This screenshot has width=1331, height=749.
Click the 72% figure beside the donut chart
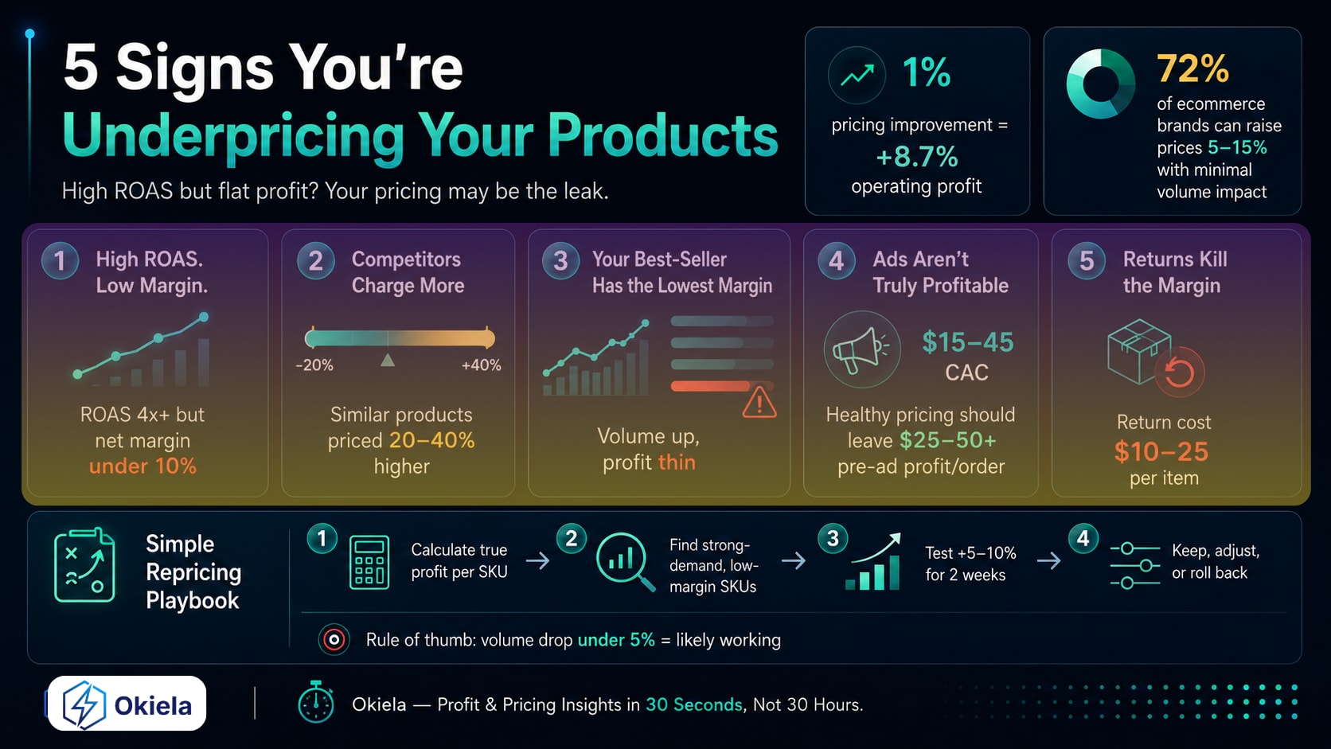pos(1192,68)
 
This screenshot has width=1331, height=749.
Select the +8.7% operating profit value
pos(917,158)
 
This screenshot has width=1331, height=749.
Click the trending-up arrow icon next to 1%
pos(857,76)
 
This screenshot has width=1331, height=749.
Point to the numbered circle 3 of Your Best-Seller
pos(560,261)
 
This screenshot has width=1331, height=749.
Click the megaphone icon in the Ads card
pos(861,350)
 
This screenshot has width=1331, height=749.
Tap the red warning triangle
pos(759,403)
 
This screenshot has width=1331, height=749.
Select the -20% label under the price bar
pos(314,365)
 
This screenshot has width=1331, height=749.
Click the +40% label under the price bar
pos(482,365)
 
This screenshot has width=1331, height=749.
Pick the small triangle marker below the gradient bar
pos(388,360)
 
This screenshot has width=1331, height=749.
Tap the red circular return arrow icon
pos(1180,373)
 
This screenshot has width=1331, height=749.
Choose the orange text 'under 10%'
pos(142,466)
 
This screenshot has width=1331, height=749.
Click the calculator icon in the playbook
pos(369,562)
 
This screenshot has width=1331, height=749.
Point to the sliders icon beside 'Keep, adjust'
pos(1135,565)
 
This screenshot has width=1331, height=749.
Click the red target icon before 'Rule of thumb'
pos(334,640)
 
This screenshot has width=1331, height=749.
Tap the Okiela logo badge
pos(127,704)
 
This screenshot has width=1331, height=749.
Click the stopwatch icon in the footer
pos(315,702)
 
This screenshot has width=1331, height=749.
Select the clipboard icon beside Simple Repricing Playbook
pos(84,565)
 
